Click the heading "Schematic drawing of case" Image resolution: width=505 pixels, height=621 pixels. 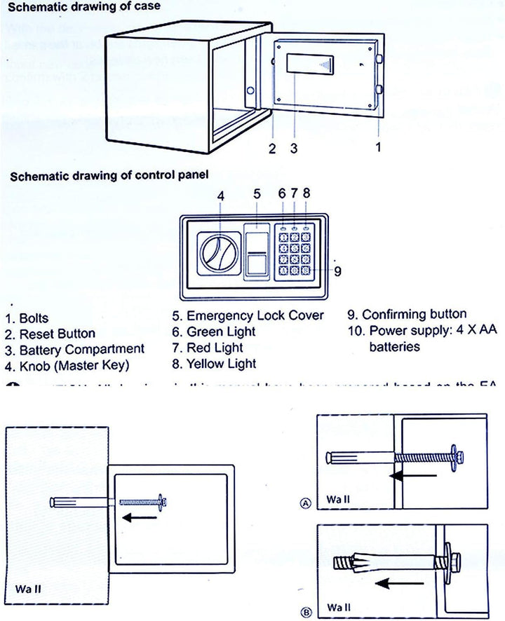83,6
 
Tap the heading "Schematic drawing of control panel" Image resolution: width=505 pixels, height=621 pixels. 109,175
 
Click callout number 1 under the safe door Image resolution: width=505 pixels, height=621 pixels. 379,147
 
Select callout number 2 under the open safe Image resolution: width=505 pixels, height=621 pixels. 272,148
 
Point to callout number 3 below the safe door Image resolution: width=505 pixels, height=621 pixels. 293,148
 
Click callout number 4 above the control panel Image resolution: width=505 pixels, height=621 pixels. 220,196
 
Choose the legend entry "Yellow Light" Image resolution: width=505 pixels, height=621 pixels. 221,364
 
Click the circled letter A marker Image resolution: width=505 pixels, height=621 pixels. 305,503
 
